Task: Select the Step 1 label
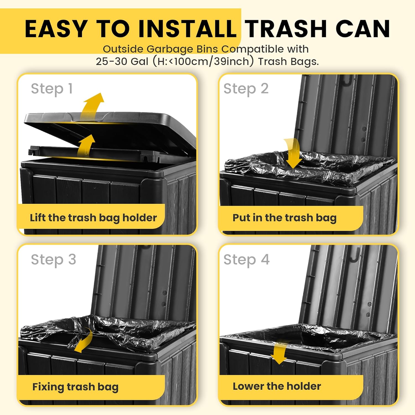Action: (x=52, y=89)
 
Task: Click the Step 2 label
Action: (x=246, y=89)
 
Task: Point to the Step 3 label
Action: (x=53, y=260)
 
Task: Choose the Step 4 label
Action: (x=247, y=260)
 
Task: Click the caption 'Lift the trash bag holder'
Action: (x=93, y=218)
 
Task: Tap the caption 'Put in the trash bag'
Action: (x=284, y=218)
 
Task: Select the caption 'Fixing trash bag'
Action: (x=75, y=387)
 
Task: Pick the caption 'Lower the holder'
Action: (x=277, y=386)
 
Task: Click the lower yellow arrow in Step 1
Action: (x=86, y=146)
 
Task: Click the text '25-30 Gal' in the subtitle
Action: (x=122, y=61)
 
